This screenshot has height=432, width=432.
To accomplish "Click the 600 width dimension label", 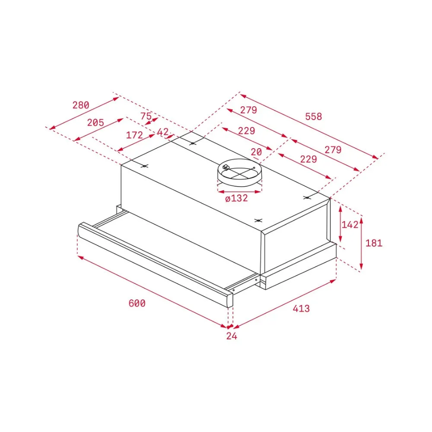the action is coord(137,303).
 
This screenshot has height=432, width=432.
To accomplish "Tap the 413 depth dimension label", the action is coord(301,308).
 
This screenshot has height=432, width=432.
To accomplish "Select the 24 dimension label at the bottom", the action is coord(232,336).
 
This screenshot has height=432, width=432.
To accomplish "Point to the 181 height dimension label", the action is coord(374,243).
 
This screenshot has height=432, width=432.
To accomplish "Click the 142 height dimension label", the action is coord(350,225).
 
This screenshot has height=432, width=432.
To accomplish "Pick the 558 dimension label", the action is coord(314,116).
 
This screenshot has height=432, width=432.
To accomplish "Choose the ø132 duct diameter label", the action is coord(236,198).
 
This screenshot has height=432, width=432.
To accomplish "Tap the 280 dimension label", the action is coord(81,105).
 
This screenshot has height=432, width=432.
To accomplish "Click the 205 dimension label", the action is coord(95,122).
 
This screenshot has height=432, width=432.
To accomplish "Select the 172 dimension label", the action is coord(134,135).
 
